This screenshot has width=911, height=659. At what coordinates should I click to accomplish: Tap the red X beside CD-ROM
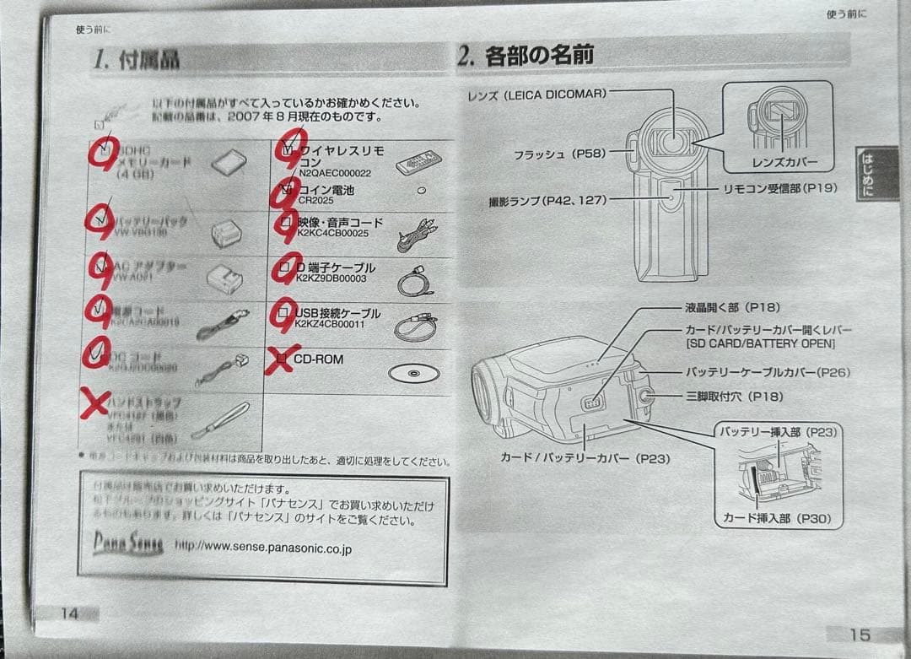coord(282,359)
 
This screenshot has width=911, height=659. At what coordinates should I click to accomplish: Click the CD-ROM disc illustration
coord(413,372)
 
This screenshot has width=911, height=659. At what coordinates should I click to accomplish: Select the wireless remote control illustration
coord(418,159)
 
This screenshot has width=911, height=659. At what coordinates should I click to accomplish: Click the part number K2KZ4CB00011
coord(330,324)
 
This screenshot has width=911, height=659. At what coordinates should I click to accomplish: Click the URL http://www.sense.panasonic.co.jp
coord(262,547)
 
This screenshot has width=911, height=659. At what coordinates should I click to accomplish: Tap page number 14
coord(69,613)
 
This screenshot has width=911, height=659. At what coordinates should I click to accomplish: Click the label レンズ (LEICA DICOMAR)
coord(536,95)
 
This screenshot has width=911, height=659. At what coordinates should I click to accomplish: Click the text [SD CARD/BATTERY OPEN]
coord(759,343)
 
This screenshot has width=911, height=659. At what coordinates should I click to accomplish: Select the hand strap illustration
coord(221,420)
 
